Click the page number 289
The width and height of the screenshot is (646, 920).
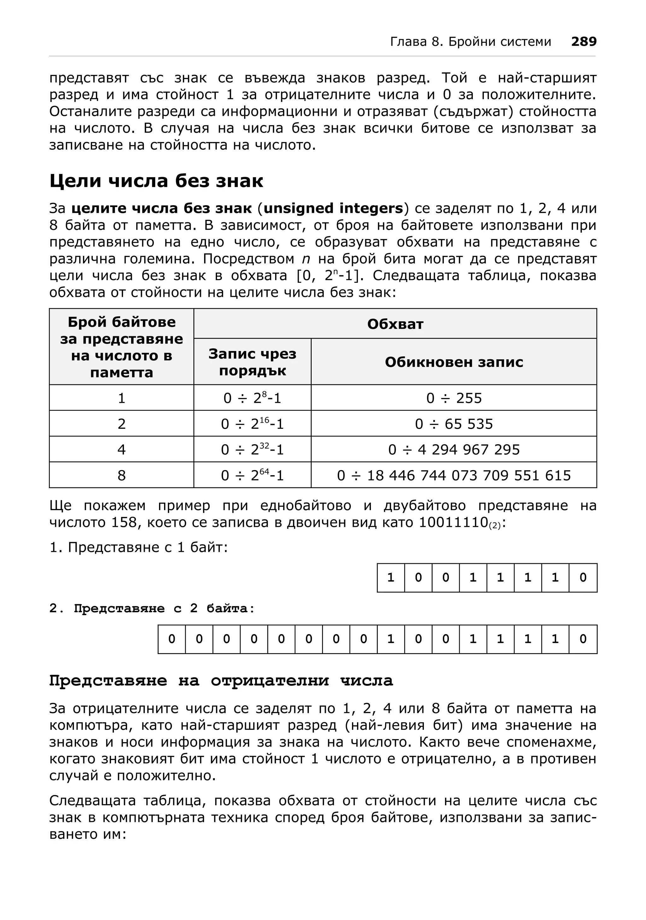click(584, 42)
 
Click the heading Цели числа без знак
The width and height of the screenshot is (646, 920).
click(156, 181)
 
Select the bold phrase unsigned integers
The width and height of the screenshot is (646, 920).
click(333, 208)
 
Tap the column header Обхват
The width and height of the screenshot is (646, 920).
click(395, 324)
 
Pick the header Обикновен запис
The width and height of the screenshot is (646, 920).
click(454, 362)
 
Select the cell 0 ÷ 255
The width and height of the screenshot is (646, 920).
click(454, 398)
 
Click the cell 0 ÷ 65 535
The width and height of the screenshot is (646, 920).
click(454, 424)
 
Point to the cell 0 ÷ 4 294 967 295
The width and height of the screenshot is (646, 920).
click(454, 450)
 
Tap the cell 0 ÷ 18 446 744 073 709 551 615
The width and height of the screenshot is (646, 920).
click(454, 475)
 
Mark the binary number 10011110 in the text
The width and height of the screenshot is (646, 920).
click(454, 523)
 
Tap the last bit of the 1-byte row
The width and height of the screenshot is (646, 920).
click(583, 577)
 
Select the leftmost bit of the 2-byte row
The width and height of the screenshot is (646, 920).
click(172, 639)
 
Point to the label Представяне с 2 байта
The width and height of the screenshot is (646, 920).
click(152, 608)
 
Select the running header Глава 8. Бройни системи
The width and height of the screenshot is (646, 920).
click(470, 42)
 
